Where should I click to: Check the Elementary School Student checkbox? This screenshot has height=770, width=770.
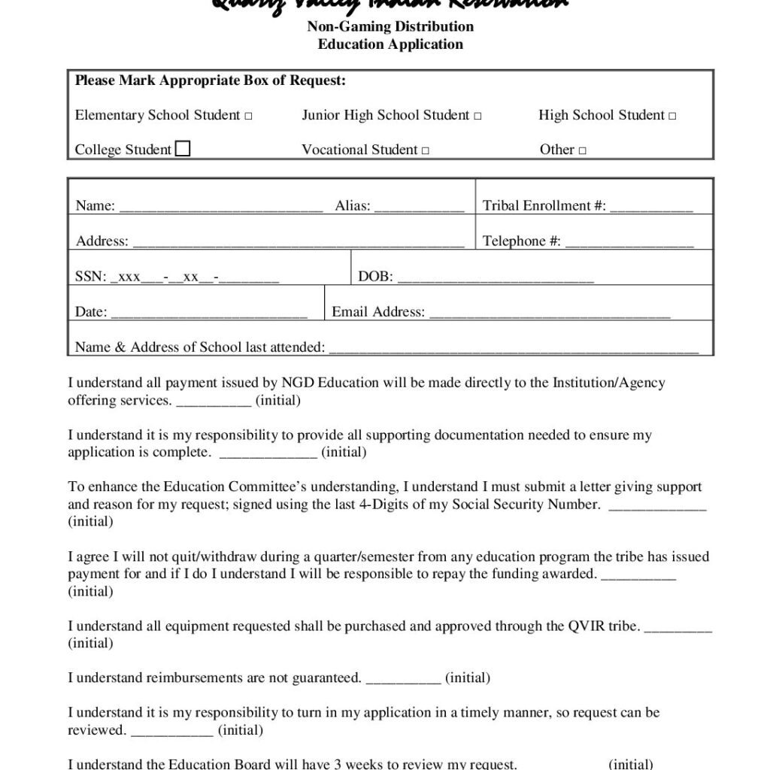[x=248, y=117]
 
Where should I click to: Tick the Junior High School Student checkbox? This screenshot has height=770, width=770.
[x=478, y=117]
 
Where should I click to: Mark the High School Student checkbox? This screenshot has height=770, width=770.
[x=672, y=117]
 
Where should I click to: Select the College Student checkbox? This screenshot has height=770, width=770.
[x=183, y=149]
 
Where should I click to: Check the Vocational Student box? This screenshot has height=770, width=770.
[x=426, y=151]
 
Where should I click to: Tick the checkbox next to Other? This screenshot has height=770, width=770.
[x=583, y=151]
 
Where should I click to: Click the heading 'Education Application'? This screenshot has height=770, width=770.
[x=390, y=44]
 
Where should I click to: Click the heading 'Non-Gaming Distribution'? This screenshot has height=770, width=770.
[x=390, y=27]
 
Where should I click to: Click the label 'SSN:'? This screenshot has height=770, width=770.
[x=90, y=277]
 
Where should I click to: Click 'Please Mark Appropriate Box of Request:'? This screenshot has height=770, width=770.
[x=211, y=81]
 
